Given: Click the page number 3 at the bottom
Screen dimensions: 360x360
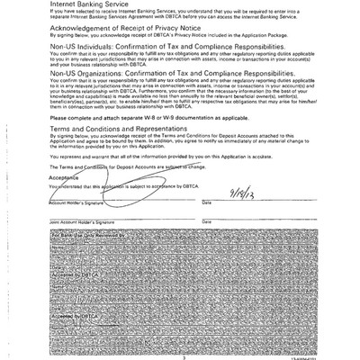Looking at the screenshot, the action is pos(183,356).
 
